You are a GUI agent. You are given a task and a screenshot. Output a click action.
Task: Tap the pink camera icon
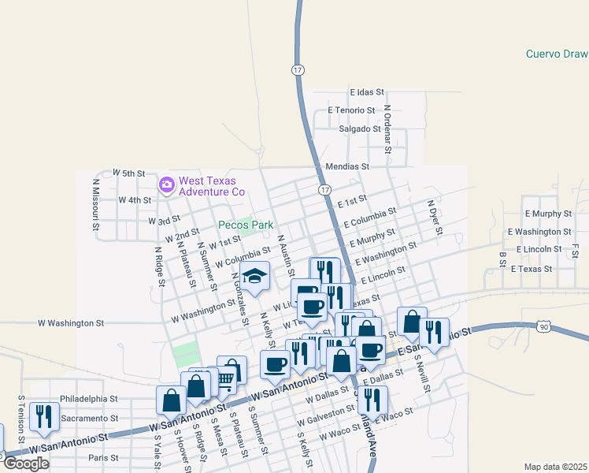pos(166,185)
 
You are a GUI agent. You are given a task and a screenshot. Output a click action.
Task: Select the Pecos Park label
pos(246,225)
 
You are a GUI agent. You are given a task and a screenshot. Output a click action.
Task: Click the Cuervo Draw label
pos(557,54)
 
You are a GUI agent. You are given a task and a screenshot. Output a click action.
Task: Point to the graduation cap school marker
pos(254,276)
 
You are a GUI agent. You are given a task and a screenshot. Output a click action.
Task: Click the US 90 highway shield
pos(544,326)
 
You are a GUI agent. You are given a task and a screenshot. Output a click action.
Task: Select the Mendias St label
pos(347,166)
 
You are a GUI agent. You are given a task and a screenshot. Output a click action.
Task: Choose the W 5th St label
pos(129,172)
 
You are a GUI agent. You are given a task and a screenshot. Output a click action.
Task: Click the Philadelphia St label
pos(88,399)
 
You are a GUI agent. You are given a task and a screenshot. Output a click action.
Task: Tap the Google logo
pos(26,464)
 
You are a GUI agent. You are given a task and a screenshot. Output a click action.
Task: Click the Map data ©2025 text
pos(556,467)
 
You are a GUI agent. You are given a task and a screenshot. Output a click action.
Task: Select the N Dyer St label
pos(434,218)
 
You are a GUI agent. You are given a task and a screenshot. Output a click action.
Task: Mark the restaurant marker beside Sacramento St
pos(44,416)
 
